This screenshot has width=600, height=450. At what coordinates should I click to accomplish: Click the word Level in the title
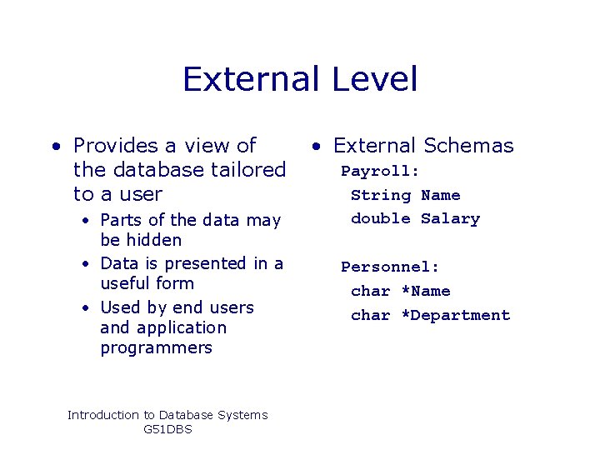374,80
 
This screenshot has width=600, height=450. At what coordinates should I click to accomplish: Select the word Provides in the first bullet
117,146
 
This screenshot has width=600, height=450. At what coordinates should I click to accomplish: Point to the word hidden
152,240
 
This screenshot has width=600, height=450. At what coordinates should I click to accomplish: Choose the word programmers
156,348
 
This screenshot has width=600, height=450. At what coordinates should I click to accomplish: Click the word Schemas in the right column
469,146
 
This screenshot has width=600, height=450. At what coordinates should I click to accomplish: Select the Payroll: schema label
380,171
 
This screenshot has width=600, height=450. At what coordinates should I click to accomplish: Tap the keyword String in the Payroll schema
381,195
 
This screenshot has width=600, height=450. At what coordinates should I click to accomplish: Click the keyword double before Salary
381,218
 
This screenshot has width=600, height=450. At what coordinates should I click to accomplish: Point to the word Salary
450,218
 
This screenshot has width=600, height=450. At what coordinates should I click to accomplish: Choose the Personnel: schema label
390,267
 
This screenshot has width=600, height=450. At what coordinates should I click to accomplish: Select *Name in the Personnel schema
425,291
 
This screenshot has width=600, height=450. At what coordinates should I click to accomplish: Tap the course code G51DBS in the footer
167,429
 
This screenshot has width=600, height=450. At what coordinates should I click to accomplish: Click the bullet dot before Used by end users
86,308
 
